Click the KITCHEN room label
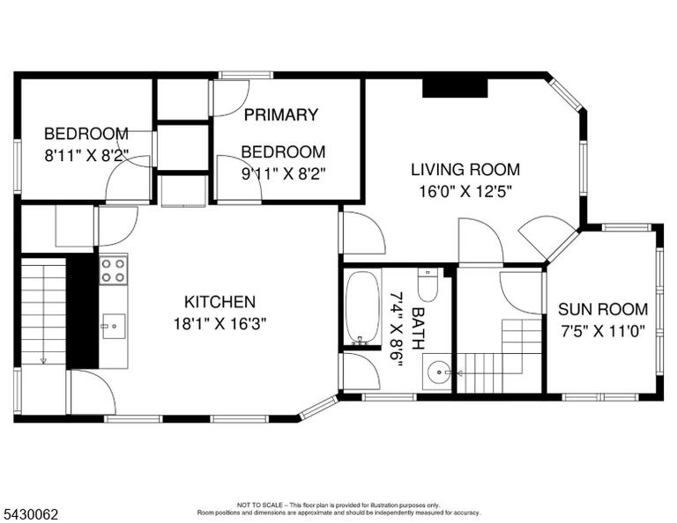219,302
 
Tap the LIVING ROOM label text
465,169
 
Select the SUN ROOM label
603,309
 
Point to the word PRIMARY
281,114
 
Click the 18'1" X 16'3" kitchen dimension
219,323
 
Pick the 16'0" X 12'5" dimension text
465,191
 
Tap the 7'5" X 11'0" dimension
603,331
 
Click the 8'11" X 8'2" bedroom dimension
86,155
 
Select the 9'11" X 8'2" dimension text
283,173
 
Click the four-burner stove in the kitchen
114,270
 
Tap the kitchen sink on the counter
114,326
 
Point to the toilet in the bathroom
428,285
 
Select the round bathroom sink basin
437,372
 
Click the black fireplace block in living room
455,88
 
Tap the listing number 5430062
31,514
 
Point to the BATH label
418,328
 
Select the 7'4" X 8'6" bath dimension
397,328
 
